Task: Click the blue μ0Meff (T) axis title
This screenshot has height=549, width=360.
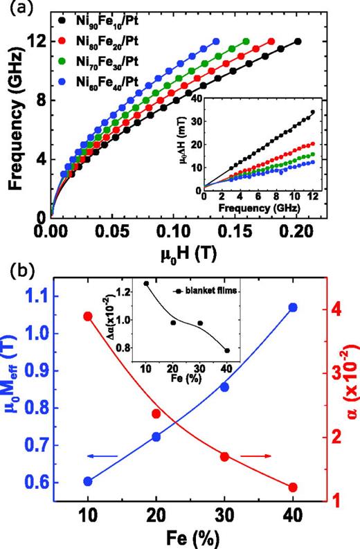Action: (x=13, y=395)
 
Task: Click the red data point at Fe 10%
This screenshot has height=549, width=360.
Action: (x=87, y=316)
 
